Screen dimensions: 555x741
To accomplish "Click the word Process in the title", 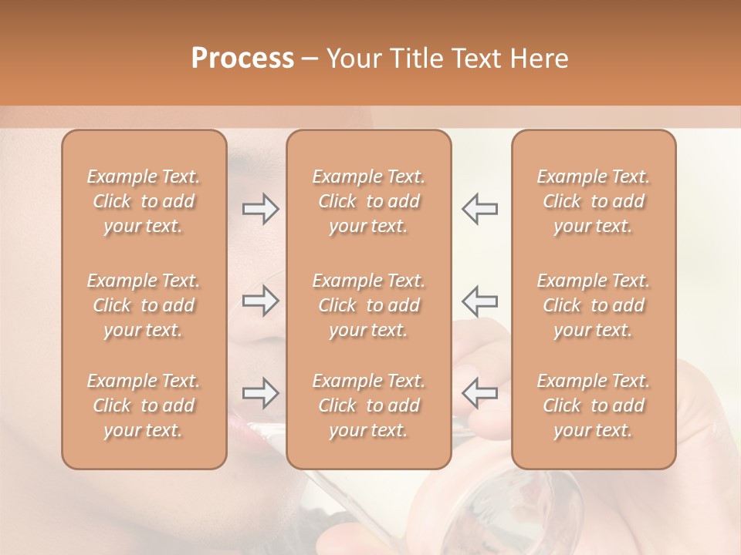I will tap(242, 59).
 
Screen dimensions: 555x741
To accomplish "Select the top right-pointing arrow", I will tap(261, 208).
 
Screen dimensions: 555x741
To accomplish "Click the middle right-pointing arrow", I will tap(261, 301).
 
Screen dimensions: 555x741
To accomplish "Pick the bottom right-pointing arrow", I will tap(261, 393).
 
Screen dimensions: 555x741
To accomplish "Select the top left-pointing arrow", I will tap(479, 208).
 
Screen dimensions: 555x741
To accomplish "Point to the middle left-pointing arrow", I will tap(479, 301).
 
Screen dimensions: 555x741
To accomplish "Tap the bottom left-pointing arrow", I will tap(479, 393).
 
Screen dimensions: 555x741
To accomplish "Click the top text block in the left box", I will tap(144, 201).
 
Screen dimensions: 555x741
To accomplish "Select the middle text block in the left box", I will tap(144, 305).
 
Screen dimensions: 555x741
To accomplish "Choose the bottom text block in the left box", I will tap(144, 405).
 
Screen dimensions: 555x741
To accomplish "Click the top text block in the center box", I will tap(369, 201).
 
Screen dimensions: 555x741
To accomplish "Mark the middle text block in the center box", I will tap(369, 305).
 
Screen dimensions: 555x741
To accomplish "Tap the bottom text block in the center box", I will tap(369, 405).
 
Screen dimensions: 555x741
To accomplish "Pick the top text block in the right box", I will tap(594, 201).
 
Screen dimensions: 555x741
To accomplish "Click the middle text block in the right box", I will tap(594, 305).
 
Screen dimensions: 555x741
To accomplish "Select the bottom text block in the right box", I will tap(594, 405).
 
